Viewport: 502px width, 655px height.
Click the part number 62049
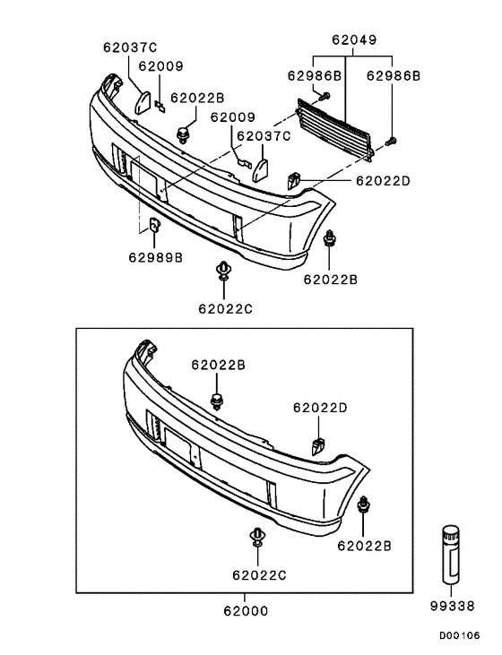tap(354, 39)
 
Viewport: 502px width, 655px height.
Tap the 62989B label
tap(155, 257)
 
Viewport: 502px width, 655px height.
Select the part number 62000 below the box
tap(246, 611)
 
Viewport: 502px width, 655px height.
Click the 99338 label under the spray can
tap(453, 606)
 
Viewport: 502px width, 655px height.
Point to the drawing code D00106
tap(459, 636)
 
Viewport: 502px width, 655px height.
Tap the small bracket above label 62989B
tap(155, 226)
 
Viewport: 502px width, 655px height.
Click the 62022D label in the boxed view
tap(320, 408)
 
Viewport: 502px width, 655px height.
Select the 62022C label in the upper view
tap(225, 309)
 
